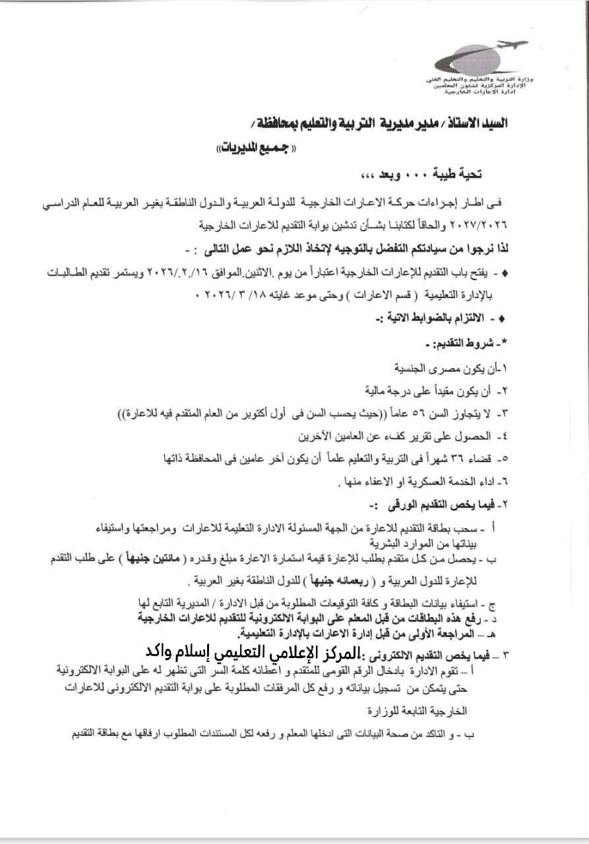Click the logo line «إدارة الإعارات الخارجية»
tap(476, 92)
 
